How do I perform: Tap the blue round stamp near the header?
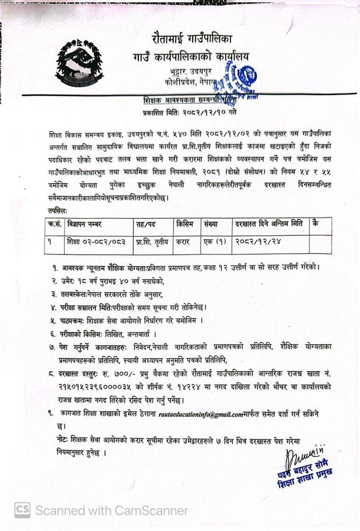(x=244, y=78)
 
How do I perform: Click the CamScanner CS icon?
(x=23, y=510)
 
